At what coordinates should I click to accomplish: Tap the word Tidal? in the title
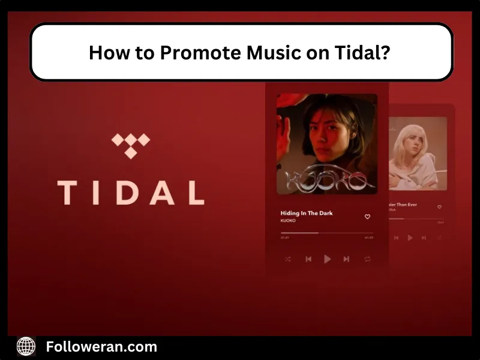[x=364, y=53]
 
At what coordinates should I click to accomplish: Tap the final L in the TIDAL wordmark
[x=194, y=192]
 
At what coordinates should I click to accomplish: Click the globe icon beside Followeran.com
[x=26, y=346]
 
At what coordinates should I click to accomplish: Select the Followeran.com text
[x=101, y=346]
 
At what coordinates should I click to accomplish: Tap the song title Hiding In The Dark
[x=306, y=213]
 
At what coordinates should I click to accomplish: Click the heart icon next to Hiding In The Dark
[x=367, y=217]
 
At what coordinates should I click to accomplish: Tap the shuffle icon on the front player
[x=287, y=259]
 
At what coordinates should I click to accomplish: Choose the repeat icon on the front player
[x=367, y=259]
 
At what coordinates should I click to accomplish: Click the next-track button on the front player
[x=346, y=259]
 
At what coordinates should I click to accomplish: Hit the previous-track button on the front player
[x=308, y=259]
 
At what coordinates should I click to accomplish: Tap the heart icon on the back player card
[x=439, y=207]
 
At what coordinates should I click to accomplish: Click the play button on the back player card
[x=410, y=238]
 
